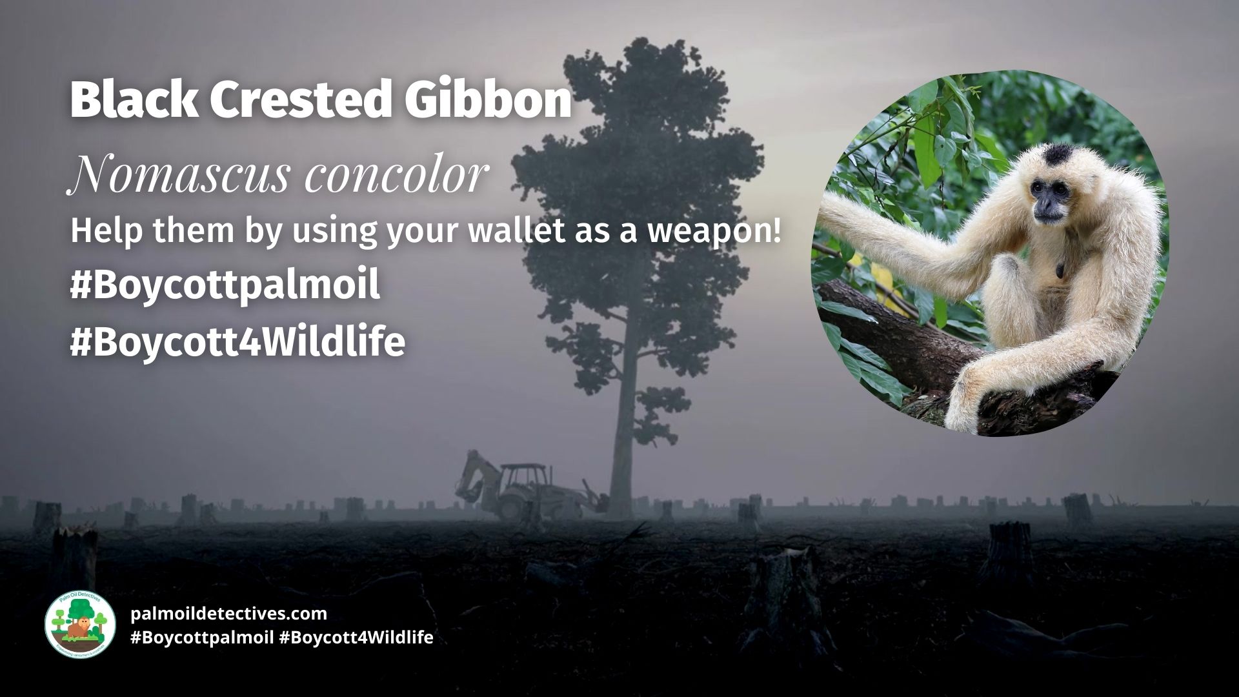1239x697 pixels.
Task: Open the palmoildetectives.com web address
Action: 228,613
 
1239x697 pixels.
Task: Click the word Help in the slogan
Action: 98,232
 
